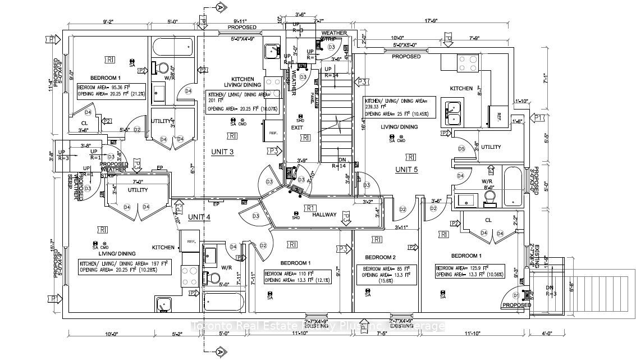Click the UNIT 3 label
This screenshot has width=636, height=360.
tap(222, 152)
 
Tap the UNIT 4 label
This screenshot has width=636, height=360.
tap(199, 217)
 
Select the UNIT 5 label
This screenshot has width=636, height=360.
tap(406, 170)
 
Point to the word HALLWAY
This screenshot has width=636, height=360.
tap(325, 215)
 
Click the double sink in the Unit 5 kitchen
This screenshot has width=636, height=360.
tap(452, 112)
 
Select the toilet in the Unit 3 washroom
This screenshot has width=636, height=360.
tap(163, 68)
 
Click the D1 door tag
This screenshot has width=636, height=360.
tap(516, 295)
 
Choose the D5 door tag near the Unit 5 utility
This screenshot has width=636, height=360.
tap(461, 149)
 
